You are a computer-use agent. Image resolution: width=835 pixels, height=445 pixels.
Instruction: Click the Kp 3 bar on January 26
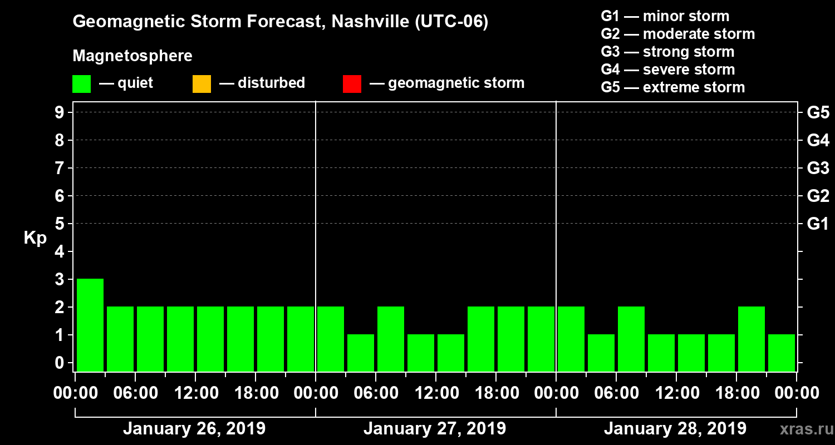click(90, 325)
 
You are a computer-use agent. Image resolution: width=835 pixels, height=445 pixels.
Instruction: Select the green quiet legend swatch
click(81, 84)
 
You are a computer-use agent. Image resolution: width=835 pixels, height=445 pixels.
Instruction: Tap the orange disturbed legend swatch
click(202, 84)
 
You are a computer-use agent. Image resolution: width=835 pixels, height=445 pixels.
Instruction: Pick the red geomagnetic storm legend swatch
click(352, 84)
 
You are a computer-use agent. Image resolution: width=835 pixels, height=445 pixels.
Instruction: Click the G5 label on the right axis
click(818, 113)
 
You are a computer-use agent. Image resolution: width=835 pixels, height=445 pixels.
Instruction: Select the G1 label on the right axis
click(818, 224)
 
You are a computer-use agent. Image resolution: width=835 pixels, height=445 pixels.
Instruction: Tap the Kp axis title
click(35, 238)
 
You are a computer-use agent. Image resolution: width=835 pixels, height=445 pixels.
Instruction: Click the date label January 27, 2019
click(435, 429)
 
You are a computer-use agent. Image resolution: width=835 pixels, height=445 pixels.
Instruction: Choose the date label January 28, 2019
click(675, 429)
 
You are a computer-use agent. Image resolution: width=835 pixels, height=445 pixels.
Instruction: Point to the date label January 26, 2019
click(194, 429)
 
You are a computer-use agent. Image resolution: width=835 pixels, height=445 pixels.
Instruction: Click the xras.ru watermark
click(802, 429)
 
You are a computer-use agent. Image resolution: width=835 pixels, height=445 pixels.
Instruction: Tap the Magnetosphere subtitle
click(132, 56)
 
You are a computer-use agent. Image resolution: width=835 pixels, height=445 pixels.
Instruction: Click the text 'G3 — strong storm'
click(667, 52)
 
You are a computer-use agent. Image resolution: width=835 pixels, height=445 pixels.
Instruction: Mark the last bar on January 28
click(782, 353)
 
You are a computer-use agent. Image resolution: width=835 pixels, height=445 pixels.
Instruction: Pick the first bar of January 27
click(331, 339)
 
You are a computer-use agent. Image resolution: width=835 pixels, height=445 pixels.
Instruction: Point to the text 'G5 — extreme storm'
click(672, 87)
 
